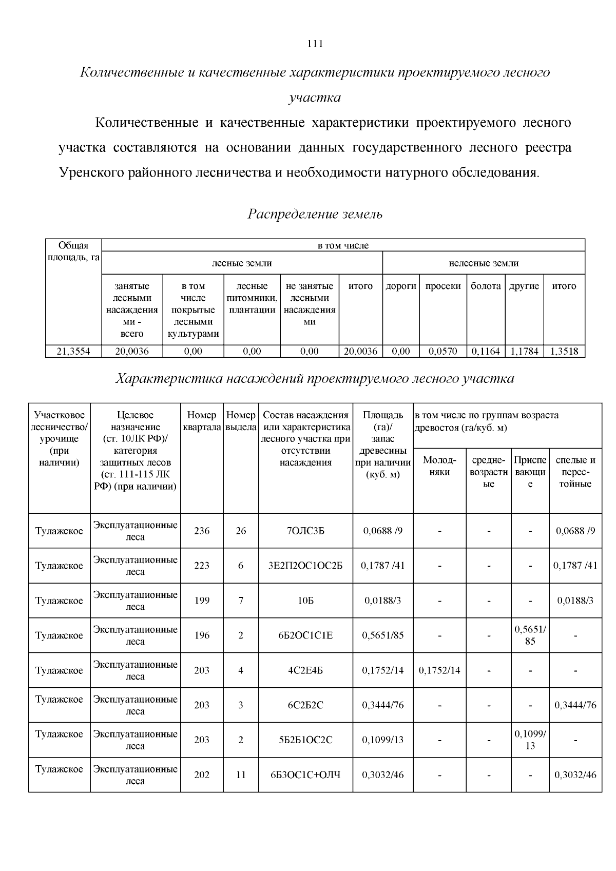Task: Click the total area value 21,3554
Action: (x=73, y=351)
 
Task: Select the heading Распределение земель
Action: (x=315, y=214)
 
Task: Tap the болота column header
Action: (x=486, y=286)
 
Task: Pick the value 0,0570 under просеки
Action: (x=443, y=351)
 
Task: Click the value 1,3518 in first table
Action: (x=564, y=351)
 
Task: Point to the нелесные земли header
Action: (x=484, y=263)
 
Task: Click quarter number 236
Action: (x=202, y=531)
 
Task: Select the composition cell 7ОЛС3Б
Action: (x=305, y=531)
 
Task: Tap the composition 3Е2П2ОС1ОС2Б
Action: (x=305, y=566)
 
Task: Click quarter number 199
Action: (x=202, y=601)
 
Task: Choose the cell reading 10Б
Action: (x=305, y=601)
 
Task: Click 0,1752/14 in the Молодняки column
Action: (x=439, y=670)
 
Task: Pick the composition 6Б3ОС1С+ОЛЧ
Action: (x=305, y=775)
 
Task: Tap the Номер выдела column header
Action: (x=241, y=420)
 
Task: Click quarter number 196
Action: (x=202, y=635)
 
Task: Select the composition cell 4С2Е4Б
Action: (x=305, y=670)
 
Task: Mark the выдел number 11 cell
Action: (x=241, y=775)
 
